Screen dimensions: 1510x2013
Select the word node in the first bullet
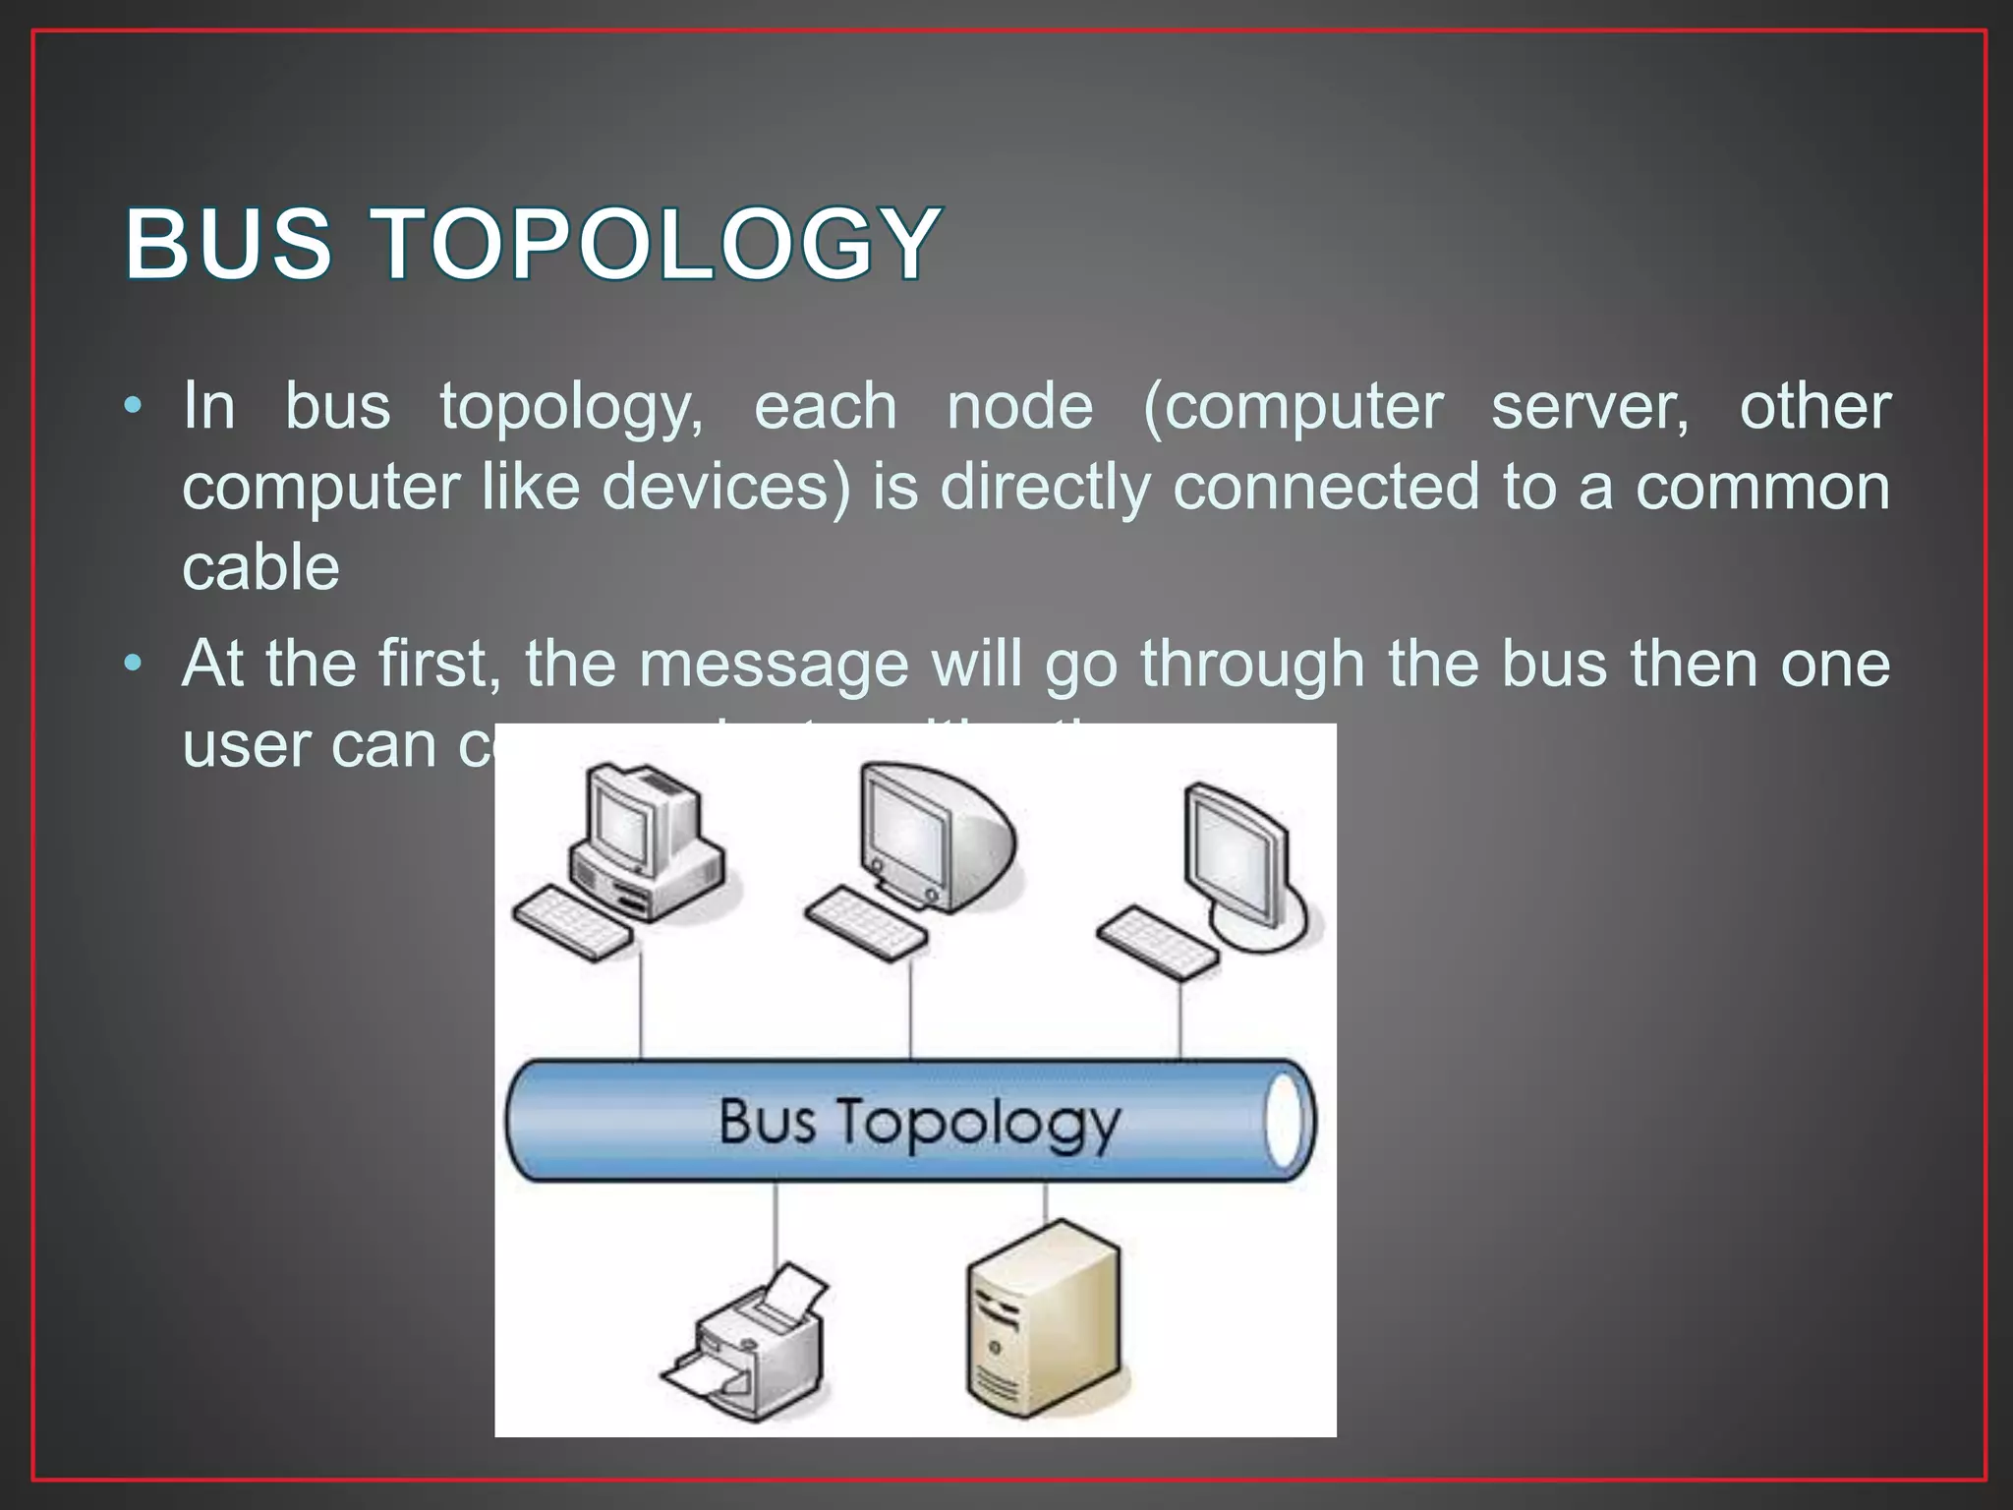(1019, 406)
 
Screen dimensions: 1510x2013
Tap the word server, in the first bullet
(1590, 406)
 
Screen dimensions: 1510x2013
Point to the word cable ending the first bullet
(260, 567)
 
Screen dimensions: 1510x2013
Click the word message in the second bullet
(774, 664)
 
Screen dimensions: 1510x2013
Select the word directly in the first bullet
(1045, 487)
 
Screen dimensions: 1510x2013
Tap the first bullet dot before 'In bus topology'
(134, 405)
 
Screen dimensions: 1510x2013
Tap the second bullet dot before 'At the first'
(134, 663)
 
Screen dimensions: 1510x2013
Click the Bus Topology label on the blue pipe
(919, 1122)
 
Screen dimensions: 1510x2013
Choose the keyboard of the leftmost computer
(573, 923)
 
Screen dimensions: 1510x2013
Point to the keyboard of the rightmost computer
(1158, 942)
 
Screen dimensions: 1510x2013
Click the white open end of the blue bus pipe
(1285, 1122)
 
